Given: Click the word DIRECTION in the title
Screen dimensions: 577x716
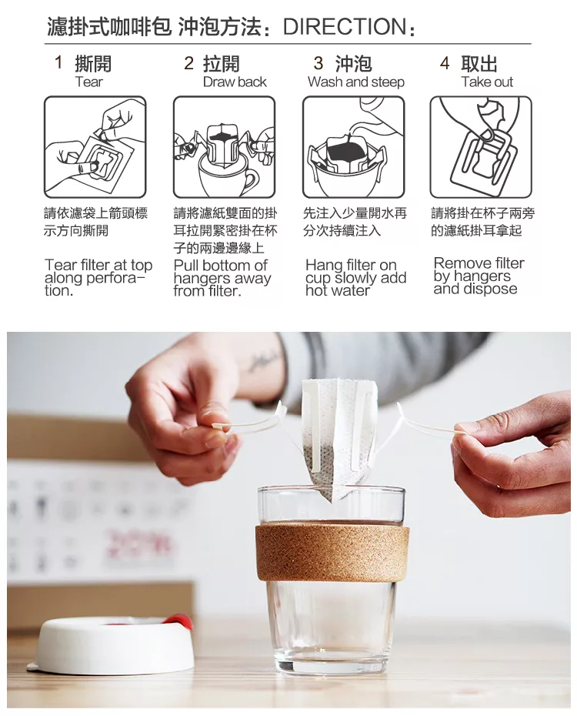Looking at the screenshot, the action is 344,27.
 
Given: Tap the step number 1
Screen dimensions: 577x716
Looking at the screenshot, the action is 58,62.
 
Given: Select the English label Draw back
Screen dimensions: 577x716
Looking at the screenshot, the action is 235,82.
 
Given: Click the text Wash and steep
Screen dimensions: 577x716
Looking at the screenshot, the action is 355,82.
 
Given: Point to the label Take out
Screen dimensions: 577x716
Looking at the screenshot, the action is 487,82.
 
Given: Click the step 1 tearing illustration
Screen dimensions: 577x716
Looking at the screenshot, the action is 95,147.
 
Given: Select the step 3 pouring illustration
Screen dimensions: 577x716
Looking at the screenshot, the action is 353,147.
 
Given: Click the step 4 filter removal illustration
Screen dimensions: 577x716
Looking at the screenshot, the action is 481,147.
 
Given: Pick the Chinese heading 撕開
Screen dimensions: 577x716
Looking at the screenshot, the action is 93,63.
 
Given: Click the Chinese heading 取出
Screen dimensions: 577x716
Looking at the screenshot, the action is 479,63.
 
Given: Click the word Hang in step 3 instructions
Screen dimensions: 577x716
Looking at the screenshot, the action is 322,266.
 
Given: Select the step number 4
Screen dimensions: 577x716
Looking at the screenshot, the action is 445,62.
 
